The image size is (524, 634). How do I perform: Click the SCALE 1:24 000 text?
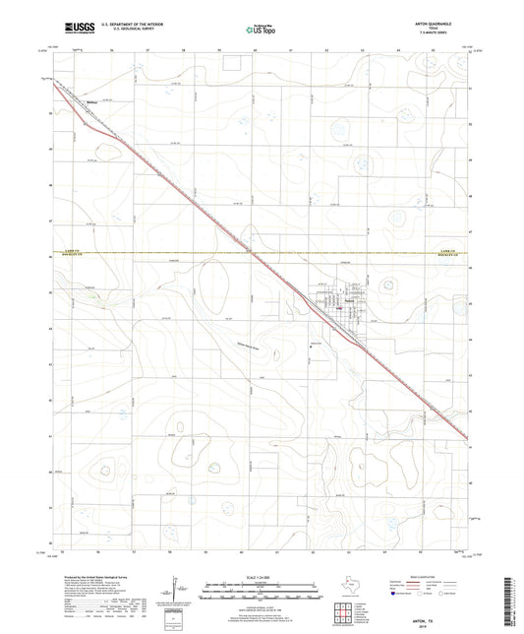[261, 576]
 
